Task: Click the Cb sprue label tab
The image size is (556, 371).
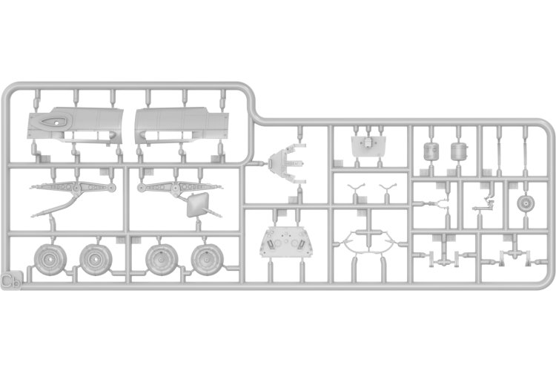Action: pyautogui.click(x=10, y=280)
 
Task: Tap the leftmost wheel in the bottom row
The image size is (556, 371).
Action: pyautogui.click(x=50, y=260)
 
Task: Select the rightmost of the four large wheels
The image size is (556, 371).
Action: pyautogui.click(x=207, y=260)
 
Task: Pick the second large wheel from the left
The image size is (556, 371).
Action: pyautogui.click(x=96, y=260)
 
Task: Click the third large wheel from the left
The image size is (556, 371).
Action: pyautogui.click(x=162, y=260)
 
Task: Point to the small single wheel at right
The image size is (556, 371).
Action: pyautogui.click(x=525, y=203)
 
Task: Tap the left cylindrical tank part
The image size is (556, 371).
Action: pyautogui.click(x=431, y=151)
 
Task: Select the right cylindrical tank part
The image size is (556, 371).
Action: pyautogui.click(x=458, y=151)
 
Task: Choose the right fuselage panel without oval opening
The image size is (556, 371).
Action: pyautogui.click(x=182, y=125)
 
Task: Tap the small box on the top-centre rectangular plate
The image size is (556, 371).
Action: pyautogui.click(x=368, y=142)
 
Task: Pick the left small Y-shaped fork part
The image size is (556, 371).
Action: pyautogui.click(x=356, y=188)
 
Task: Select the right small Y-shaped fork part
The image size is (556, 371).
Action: pyautogui.click(x=388, y=188)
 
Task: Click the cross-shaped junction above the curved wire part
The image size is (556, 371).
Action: pyautogui.click(x=369, y=232)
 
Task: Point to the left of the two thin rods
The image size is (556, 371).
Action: pyautogui.click(x=499, y=153)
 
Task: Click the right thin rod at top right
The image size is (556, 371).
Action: pyautogui.click(x=525, y=153)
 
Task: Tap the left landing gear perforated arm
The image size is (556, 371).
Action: pyautogui.click(x=73, y=188)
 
